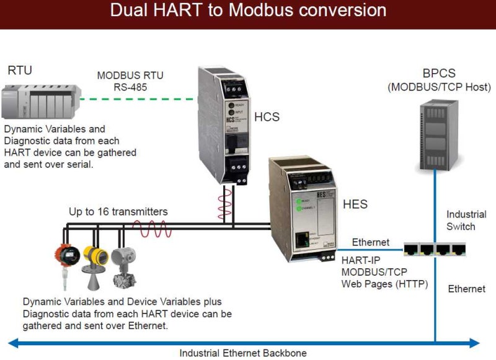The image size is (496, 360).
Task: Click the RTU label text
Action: pos(20,70)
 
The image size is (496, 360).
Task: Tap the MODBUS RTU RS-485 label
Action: pos(130,81)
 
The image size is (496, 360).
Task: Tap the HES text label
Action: pos(355,204)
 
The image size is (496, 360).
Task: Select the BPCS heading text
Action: pos(433,72)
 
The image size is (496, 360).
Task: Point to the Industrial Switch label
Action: pos(466,221)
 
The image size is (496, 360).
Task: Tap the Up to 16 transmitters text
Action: pos(118,212)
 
